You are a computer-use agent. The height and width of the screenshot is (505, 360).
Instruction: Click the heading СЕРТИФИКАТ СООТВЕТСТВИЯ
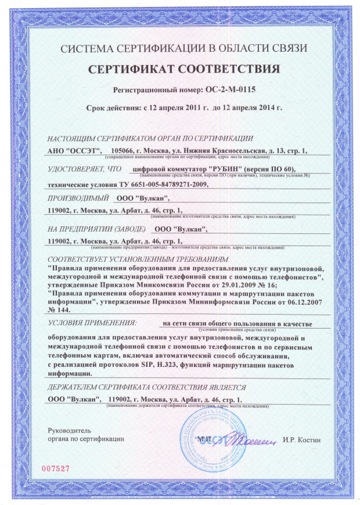183,70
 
